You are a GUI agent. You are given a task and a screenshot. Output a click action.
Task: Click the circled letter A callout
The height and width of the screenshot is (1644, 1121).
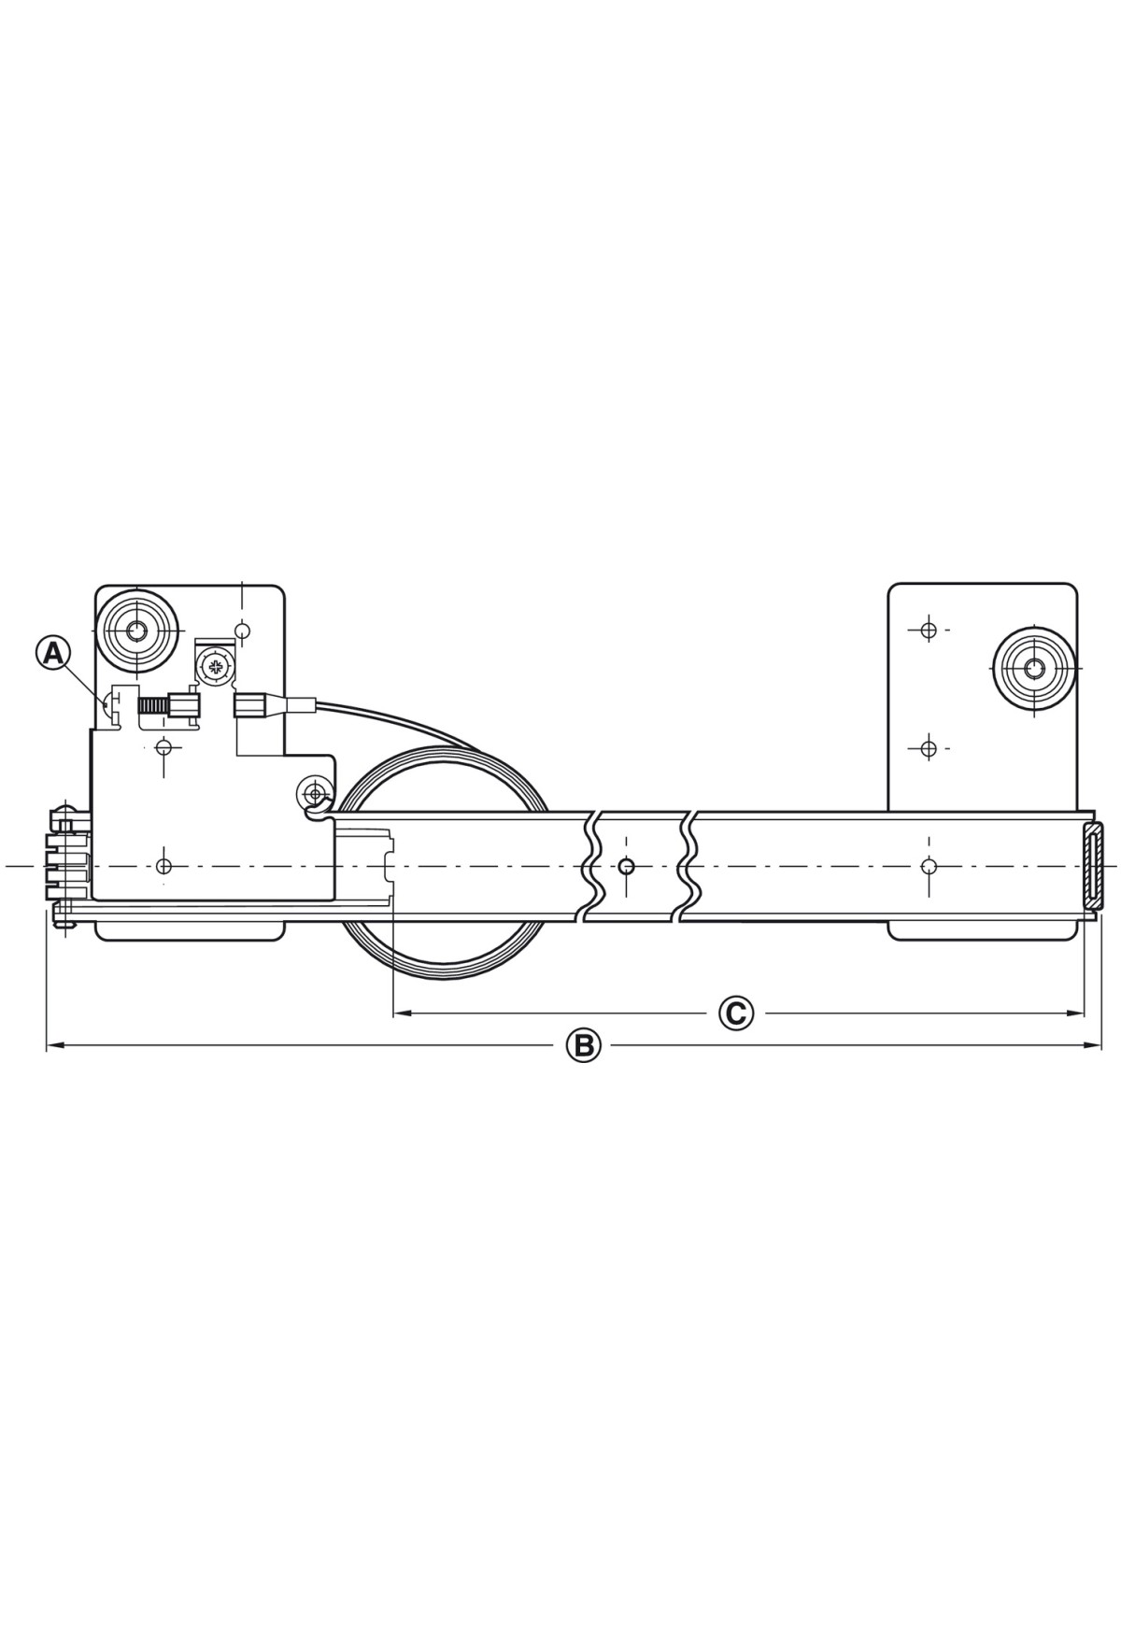[53, 652]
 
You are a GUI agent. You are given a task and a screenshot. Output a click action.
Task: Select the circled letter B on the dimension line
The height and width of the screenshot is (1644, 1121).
[583, 1045]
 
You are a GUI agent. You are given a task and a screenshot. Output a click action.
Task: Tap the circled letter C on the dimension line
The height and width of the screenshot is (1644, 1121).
[736, 1013]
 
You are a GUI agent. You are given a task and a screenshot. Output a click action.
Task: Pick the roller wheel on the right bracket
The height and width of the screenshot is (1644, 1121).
[1033, 668]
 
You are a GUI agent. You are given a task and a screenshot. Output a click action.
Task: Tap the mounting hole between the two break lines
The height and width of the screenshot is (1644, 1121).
[626, 866]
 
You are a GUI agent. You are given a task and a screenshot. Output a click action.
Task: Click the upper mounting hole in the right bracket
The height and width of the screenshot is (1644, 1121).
[928, 631]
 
